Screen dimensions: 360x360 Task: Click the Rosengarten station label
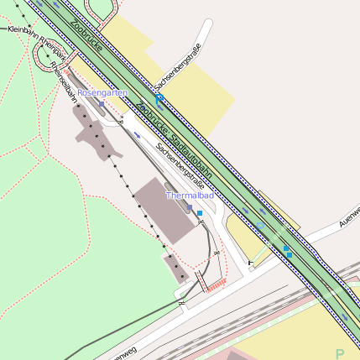coord(102,91)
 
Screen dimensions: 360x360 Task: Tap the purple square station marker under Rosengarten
coord(102,103)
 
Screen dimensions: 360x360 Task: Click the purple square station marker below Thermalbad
coord(190,206)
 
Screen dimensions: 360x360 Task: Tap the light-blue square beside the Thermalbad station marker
coord(200,213)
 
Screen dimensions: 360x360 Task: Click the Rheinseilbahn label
coord(64,82)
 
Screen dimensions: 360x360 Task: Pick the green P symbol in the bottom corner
coord(340,353)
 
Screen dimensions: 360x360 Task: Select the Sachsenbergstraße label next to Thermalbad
coord(180,164)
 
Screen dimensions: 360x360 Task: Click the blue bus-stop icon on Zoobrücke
coord(159,98)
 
